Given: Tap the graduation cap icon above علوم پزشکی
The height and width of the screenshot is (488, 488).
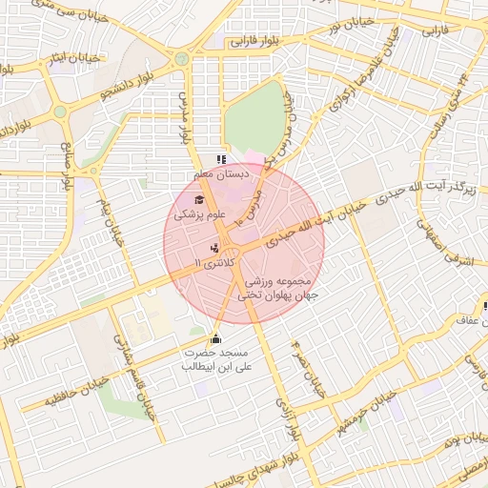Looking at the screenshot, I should tap(198, 199).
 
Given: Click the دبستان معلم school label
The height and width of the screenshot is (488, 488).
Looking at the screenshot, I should tap(220, 175).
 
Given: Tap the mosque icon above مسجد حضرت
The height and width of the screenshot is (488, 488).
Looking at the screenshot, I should tap(215, 338).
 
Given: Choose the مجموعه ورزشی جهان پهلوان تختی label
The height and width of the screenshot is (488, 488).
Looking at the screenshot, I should tap(281, 288).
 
